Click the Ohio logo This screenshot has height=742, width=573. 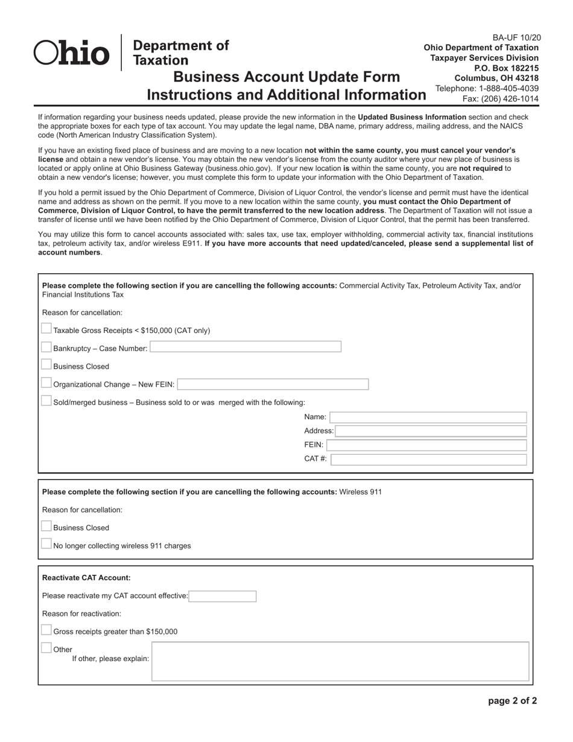pyautogui.click(x=72, y=52)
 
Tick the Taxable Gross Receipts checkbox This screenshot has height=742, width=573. pyautogui.click(x=46, y=329)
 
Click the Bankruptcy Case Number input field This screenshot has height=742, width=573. pyautogui.click(x=245, y=347)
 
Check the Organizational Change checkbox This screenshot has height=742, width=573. pyautogui.click(x=46, y=383)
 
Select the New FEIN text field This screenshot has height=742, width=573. pyautogui.click(x=273, y=384)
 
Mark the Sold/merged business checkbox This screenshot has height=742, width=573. pyautogui.click(x=46, y=401)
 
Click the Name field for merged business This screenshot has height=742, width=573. pyautogui.click(x=428, y=417)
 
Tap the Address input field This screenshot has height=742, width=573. pyautogui.click(x=431, y=431)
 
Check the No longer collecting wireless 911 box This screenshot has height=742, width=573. pyautogui.click(x=46, y=544)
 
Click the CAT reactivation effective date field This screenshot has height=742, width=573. pyautogui.click(x=223, y=597)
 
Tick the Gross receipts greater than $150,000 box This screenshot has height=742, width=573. pyautogui.click(x=46, y=630)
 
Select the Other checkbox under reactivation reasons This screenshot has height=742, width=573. pyautogui.click(x=46, y=648)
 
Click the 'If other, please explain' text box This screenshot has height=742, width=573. pyautogui.click(x=340, y=662)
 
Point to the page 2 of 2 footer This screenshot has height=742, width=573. pyautogui.click(x=512, y=701)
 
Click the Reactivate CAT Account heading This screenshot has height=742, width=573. pyautogui.click(x=86, y=578)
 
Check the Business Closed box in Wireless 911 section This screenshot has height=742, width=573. pyautogui.click(x=46, y=526)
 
